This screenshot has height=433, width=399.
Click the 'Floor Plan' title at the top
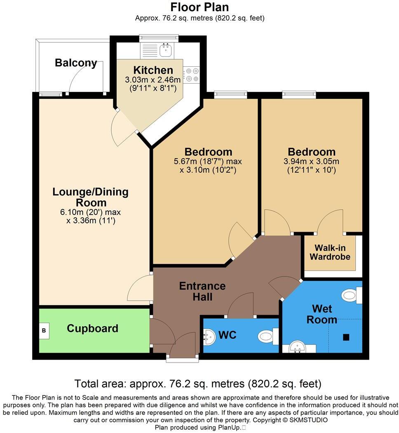pyautogui.click(x=199, y=7)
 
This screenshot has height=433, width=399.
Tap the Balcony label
pyautogui.click(x=76, y=63)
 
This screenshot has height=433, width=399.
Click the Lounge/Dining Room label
pyautogui.click(x=91, y=197)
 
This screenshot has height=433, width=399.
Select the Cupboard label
pyautogui.click(x=92, y=329)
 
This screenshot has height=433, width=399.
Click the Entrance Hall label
pyautogui.click(x=202, y=291)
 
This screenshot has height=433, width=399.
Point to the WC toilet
pyautogui.click(x=268, y=336)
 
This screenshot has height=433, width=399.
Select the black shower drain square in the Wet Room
pyautogui.click(x=346, y=337)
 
